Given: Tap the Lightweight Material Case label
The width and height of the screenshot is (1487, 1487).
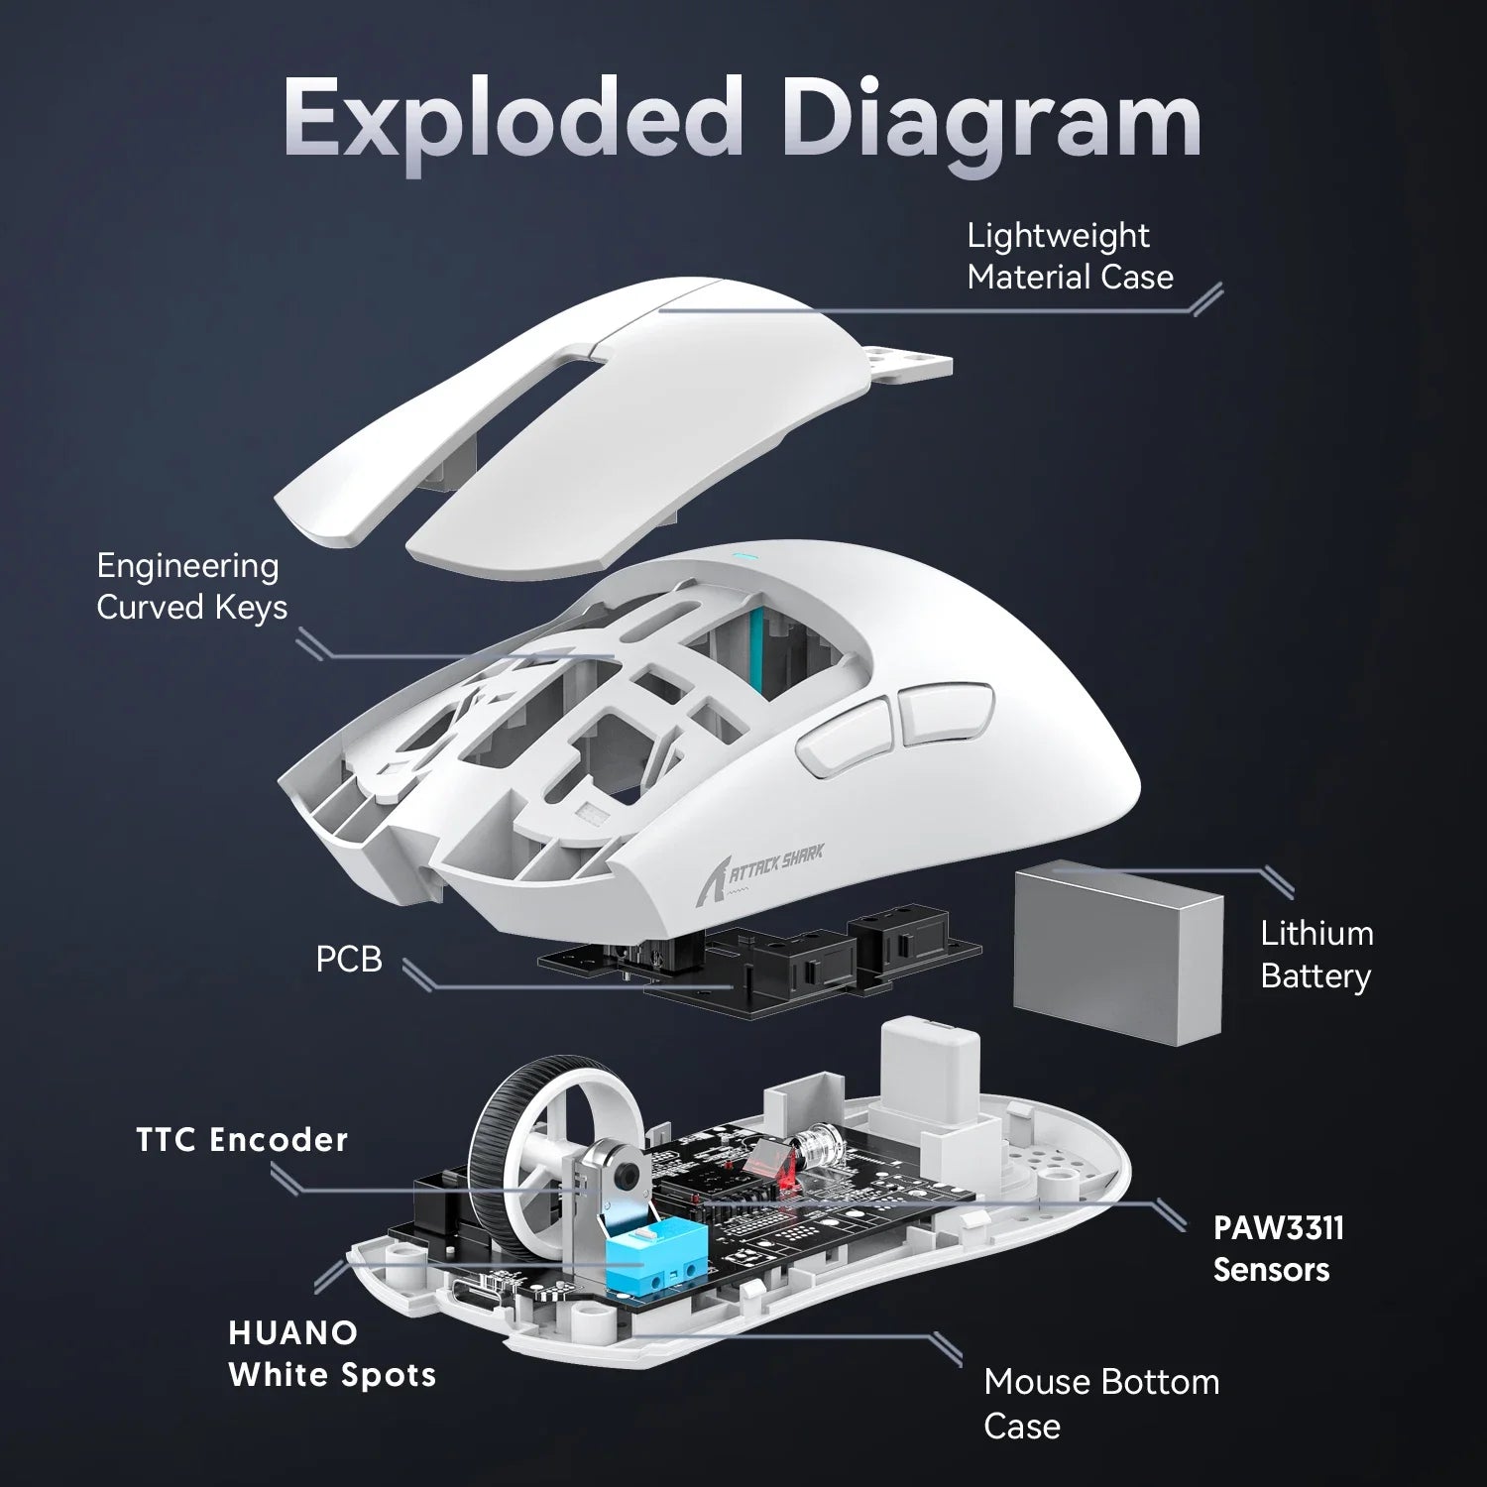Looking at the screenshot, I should click(x=1069, y=256).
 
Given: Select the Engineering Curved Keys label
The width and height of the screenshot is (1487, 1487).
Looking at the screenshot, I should click(x=191, y=586).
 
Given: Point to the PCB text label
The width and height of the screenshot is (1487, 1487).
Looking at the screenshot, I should click(x=348, y=960).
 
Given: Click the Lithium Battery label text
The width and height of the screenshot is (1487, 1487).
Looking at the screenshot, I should click(x=1315, y=954).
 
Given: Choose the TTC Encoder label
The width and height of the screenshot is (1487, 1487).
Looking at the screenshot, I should click(x=242, y=1140).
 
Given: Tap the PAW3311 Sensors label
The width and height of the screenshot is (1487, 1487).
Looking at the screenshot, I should click(x=1278, y=1248).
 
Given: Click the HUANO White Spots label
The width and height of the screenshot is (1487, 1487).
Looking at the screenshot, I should click(x=331, y=1354).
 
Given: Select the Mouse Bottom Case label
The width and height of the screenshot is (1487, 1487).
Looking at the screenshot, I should click(x=1100, y=1403).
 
